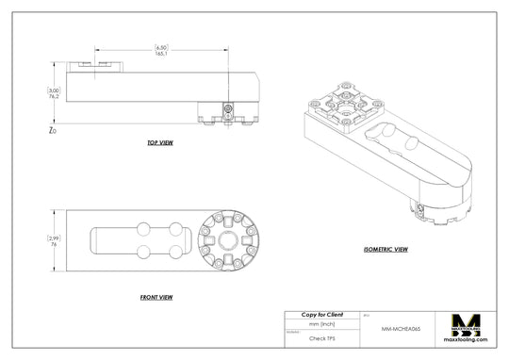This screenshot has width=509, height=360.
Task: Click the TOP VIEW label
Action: pyautogui.click(x=159, y=143)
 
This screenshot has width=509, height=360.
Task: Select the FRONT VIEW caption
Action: pyautogui.click(x=156, y=297)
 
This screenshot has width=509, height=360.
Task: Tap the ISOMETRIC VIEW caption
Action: pyautogui.click(x=386, y=250)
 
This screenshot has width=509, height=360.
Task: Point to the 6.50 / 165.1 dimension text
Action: pyautogui.click(x=161, y=51)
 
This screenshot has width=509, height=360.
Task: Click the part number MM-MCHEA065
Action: pyautogui.click(x=401, y=329)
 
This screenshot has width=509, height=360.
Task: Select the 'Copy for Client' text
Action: pyautogui.click(x=321, y=314)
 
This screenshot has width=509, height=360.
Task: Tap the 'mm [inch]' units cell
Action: pyautogui.click(x=321, y=323)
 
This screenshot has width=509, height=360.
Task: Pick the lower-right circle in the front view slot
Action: pyautogui.click(x=175, y=252)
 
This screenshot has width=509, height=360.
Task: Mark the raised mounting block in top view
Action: pyautogui.click(x=99, y=65)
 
